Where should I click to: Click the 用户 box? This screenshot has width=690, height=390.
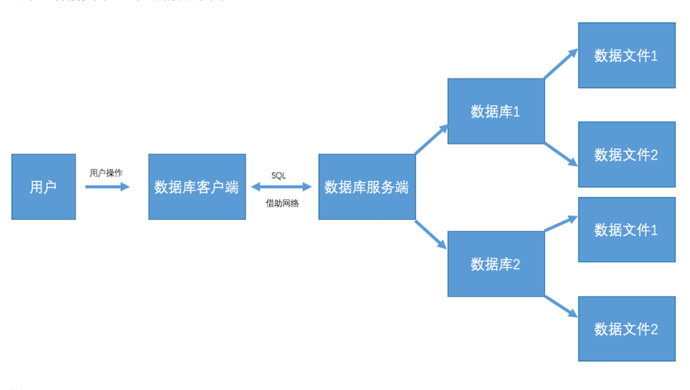point(43,186)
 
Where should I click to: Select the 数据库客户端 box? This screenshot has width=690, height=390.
point(197,186)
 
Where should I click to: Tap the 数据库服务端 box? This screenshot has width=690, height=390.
point(367,186)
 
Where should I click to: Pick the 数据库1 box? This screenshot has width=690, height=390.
point(496,111)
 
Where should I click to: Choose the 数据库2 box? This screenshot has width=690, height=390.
point(496,264)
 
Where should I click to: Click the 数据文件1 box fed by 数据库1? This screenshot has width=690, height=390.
point(626,55)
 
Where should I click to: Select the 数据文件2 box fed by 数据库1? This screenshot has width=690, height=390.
point(626,154)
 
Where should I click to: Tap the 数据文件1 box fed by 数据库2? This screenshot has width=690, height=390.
point(626,230)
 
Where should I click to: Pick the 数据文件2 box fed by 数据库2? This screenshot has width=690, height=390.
point(626,329)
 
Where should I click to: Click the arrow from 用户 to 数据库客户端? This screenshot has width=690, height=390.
point(107,187)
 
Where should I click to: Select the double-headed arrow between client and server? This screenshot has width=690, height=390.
point(281,187)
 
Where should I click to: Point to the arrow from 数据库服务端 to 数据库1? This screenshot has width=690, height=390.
point(431,139)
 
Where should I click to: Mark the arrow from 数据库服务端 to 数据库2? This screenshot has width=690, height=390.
point(431,234)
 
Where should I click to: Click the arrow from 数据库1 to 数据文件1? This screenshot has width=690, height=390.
point(561,64)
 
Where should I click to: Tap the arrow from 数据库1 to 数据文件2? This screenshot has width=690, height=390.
point(561,154)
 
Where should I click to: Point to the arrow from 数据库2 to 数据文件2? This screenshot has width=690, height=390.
point(561,306)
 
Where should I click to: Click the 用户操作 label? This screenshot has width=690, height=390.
point(106,173)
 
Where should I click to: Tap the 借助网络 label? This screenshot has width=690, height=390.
point(282,204)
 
